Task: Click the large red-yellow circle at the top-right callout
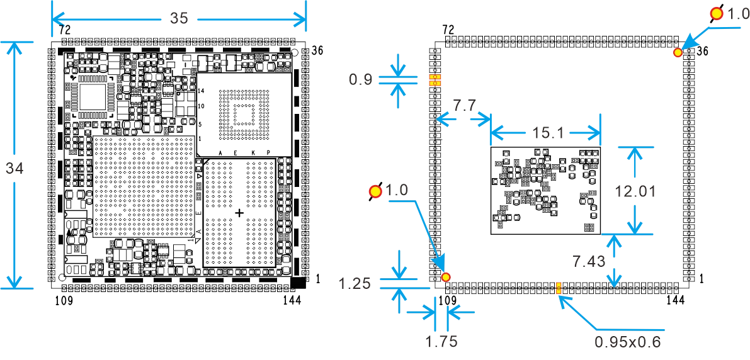(x=717, y=13)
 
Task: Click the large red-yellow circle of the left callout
(x=376, y=191)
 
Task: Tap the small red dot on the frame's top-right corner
(x=678, y=52)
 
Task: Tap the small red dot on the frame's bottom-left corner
(x=446, y=277)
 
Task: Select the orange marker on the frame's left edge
(x=435, y=80)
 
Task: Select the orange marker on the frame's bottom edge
(x=558, y=288)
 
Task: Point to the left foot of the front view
(x=65, y=298)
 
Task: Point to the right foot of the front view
(x=292, y=298)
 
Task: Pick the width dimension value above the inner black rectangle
(x=544, y=133)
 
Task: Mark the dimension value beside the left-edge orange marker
(x=360, y=79)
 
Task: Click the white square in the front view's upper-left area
(x=91, y=96)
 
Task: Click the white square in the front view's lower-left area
(x=98, y=249)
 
